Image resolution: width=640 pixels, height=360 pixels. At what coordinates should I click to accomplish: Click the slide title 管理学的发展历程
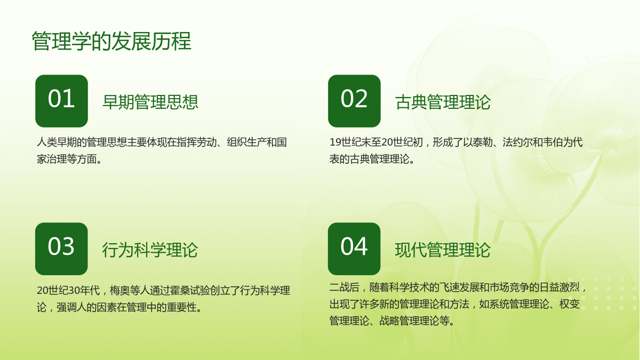coord(111,41)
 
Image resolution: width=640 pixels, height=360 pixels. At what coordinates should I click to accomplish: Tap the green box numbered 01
coord(61,101)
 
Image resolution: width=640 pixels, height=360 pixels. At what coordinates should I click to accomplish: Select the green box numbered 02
coord(354,101)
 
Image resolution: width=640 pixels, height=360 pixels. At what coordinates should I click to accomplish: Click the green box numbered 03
coord(61,249)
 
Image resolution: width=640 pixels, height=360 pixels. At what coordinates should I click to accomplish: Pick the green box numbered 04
coord(354,249)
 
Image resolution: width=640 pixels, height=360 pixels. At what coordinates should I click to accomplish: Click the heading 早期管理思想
coord(150,102)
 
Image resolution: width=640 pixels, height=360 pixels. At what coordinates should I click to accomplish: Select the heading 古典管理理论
coord(443,102)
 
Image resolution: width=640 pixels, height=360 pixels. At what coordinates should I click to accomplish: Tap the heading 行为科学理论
coord(150,250)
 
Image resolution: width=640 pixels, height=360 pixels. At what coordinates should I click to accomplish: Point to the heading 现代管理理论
coord(443,250)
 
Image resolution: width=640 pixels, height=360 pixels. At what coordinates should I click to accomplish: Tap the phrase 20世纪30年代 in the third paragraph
coord(68,290)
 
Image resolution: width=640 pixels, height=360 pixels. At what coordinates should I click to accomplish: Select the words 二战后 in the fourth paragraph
coord(345,287)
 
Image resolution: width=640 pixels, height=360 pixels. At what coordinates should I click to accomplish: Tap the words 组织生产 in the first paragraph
coord(247,142)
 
